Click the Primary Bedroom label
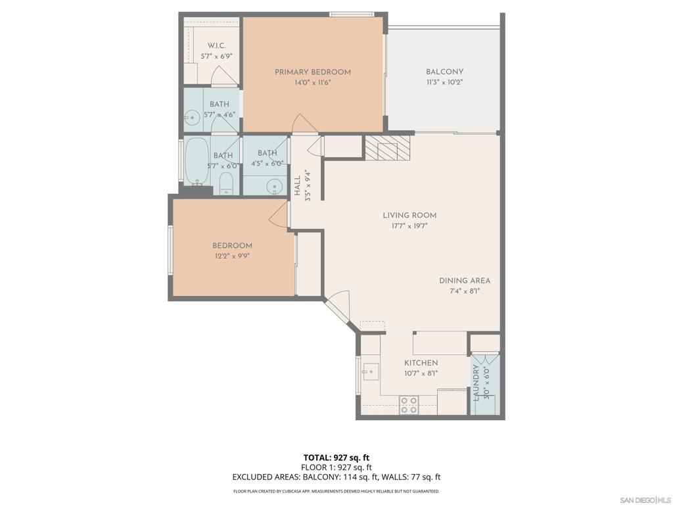click(x=312, y=72)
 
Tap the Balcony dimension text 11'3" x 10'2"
click(x=444, y=83)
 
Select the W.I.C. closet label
click(x=216, y=46)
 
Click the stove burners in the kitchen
click(x=409, y=404)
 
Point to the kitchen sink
click(x=370, y=373)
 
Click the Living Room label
click(x=409, y=215)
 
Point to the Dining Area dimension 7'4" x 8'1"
click(x=465, y=291)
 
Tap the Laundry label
click(x=477, y=384)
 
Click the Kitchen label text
click(x=421, y=363)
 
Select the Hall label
click(x=298, y=185)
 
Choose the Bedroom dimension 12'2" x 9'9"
click(x=231, y=256)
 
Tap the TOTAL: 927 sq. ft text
click(x=336, y=458)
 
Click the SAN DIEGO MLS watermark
click(x=645, y=500)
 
